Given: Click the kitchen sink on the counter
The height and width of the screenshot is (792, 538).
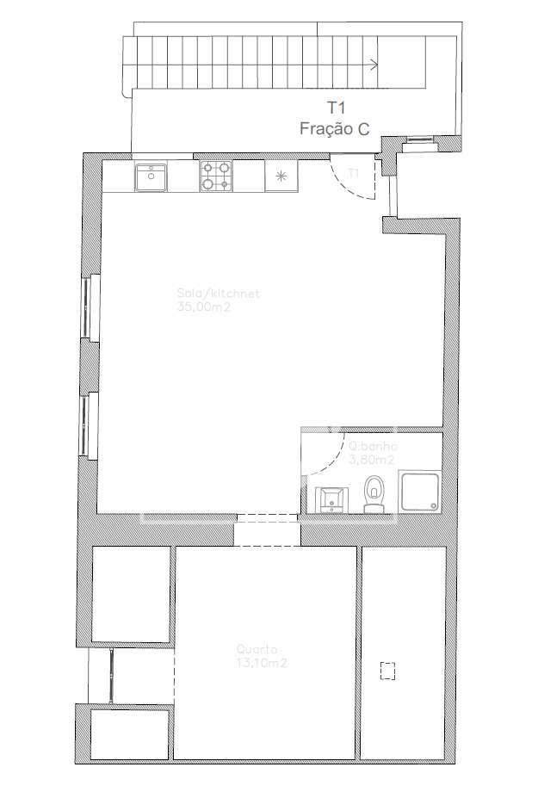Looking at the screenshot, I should (x=151, y=177).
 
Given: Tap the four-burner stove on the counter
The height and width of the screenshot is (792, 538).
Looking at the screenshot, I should (x=216, y=176).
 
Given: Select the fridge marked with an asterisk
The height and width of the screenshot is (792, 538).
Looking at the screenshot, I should (x=280, y=177).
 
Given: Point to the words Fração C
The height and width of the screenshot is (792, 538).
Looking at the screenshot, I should (x=335, y=129).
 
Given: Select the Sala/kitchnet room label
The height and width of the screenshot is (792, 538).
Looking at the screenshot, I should (x=218, y=294).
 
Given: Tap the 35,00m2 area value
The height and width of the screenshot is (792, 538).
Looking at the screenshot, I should (x=205, y=306).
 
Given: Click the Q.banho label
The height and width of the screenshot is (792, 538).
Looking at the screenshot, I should (x=372, y=447).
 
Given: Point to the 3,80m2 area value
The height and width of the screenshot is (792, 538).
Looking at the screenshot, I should (x=371, y=460).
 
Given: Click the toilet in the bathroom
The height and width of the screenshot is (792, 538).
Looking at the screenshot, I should (x=374, y=495).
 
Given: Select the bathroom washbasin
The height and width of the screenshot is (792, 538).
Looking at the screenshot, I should (x=331, y=498).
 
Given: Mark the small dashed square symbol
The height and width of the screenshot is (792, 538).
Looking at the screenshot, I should (x=387, y=670).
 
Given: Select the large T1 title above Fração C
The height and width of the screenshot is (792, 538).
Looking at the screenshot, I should (x=335, y=108).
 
